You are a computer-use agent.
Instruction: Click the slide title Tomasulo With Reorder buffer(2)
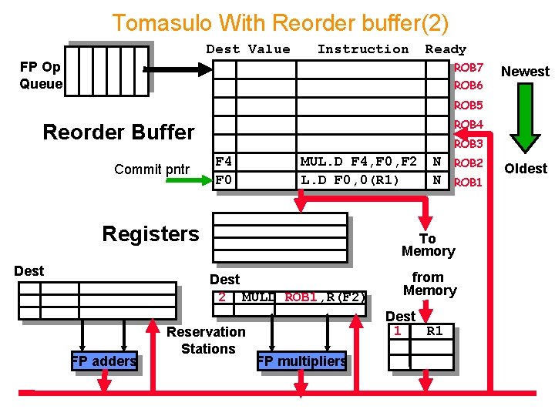(x=280, y=22)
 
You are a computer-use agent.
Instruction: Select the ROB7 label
(x=469, y=68)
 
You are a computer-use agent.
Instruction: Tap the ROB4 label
(x=469, y=125)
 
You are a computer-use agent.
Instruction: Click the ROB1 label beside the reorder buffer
(x=468, y=183)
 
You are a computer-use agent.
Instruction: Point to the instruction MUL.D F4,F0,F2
(x=358, y=162)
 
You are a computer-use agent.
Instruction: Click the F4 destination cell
(x=224, y=162)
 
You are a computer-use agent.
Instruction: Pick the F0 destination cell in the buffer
(x=224, y=180)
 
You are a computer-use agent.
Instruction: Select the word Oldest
(x=526, y=169)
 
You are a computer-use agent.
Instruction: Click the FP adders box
(x=104, y=361)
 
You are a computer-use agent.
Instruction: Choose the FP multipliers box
(x=301, y=361)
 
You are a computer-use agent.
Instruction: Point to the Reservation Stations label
(x=207, y=340)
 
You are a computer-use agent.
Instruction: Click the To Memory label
(x=428, y=245)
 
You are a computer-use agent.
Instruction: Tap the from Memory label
(x=429, y=283)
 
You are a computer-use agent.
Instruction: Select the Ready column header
(x=446, y=49)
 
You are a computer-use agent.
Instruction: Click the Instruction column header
(x=363, y=49)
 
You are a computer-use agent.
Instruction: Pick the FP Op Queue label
(x=41, y=75)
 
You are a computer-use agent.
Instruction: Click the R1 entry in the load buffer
(x=435, y=331)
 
